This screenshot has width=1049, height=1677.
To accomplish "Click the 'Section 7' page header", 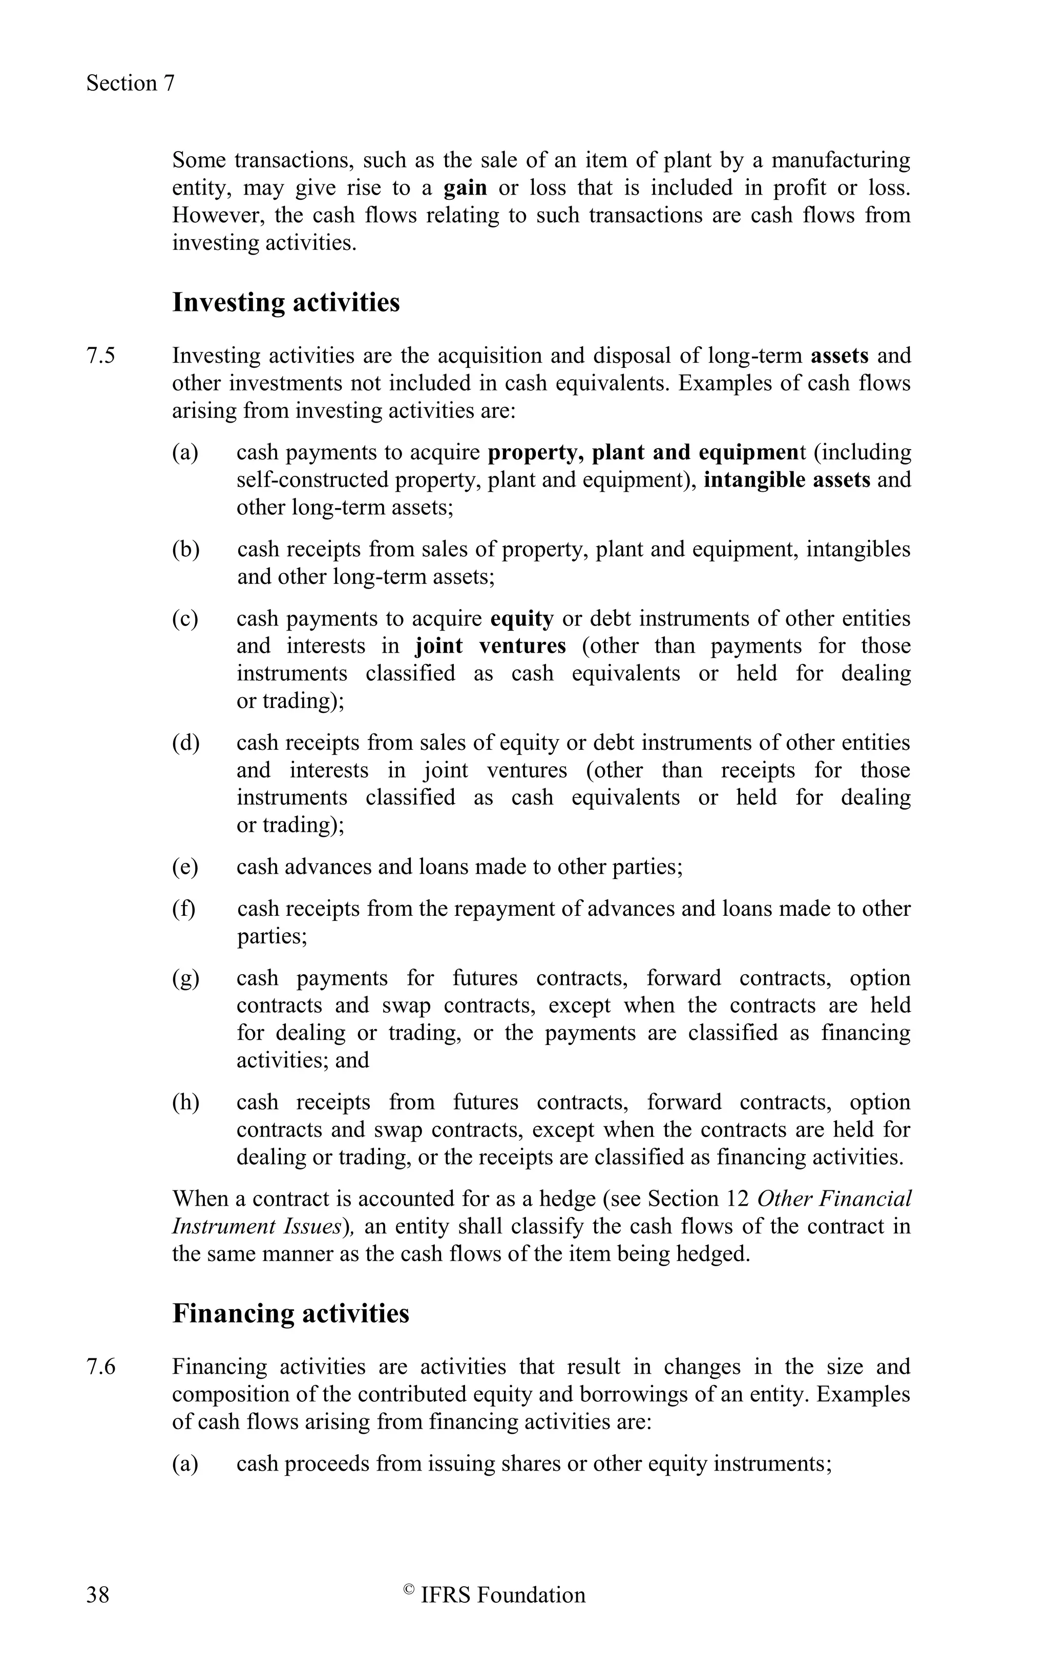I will pos(131,83).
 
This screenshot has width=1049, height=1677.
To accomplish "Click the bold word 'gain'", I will pos(465,188).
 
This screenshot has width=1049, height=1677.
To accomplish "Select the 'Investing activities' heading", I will pos(286,303).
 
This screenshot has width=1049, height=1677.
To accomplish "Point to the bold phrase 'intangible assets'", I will pos(787,480).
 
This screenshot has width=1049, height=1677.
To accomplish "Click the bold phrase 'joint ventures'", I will pos(491,646).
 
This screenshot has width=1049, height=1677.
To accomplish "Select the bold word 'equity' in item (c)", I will pos(522,618).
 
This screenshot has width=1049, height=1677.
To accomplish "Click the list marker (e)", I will pos(185,867).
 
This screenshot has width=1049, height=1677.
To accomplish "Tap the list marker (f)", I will pos(184,908).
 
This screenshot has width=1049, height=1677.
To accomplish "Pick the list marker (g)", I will pos(185,978).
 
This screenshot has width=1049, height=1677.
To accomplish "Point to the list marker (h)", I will pos(185,1102).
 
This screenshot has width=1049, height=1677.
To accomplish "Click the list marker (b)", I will pos(185,550).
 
